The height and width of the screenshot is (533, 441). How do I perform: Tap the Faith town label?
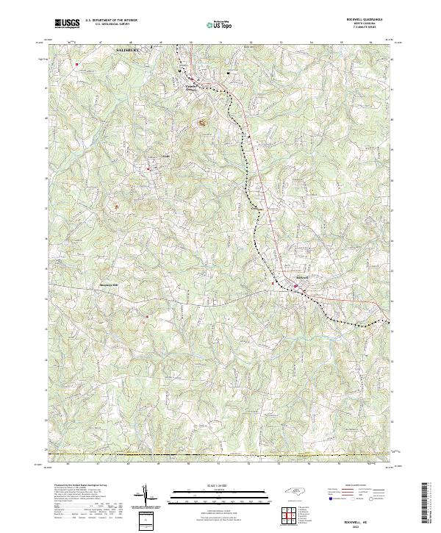click(165, 157)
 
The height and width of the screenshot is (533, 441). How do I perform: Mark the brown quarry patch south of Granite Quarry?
click(200, 123)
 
